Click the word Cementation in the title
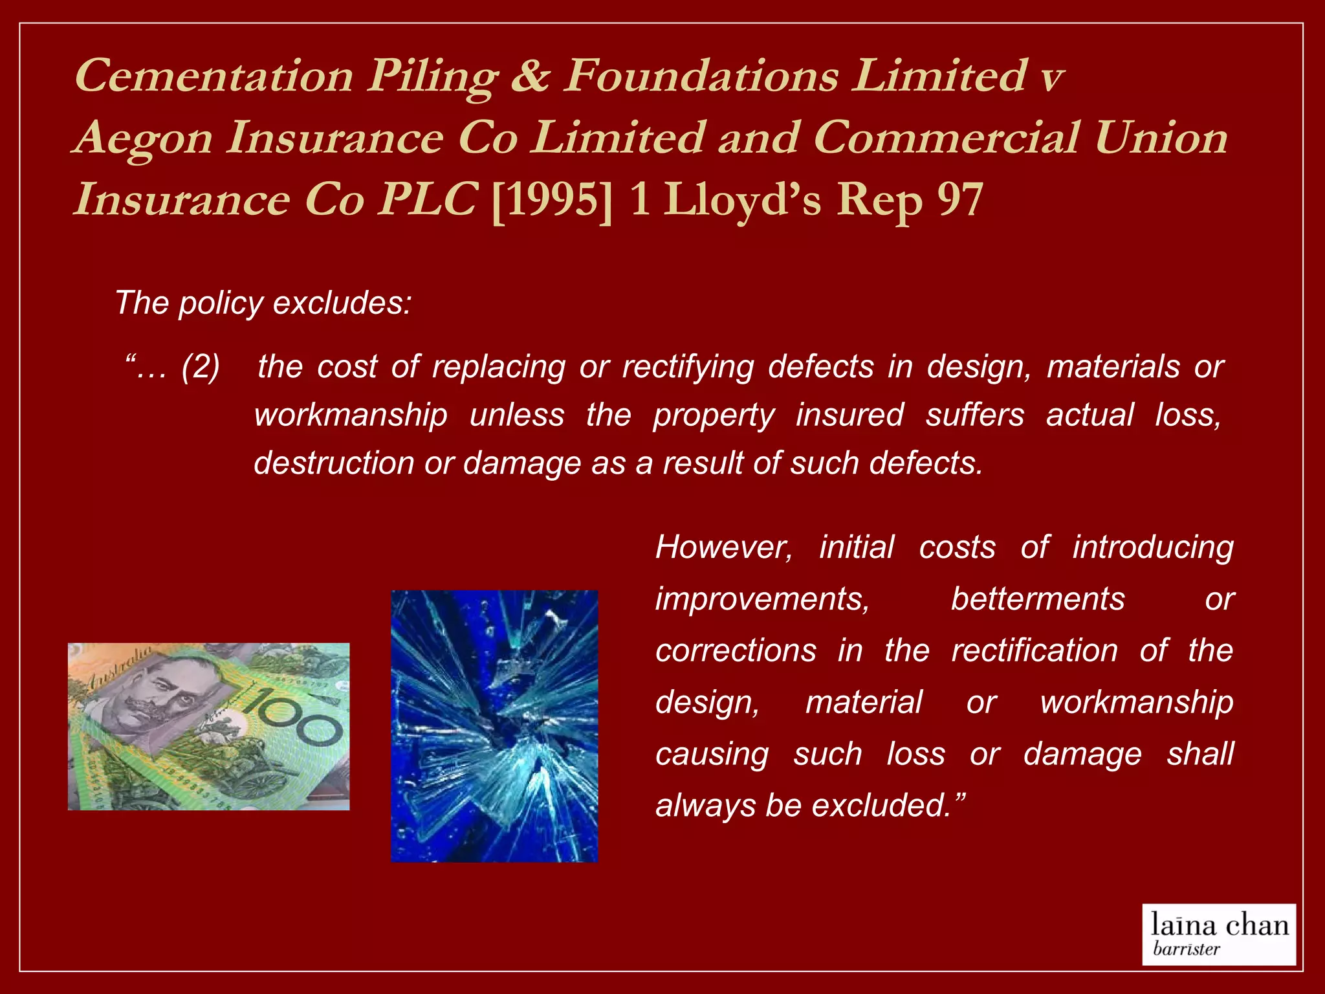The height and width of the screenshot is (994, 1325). click(214, 76)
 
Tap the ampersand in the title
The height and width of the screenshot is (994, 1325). click(529, 76)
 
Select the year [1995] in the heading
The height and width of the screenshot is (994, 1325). click(551, 199)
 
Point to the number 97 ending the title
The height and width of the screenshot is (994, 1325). click(960, 199)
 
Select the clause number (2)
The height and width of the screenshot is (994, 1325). click(201, 366)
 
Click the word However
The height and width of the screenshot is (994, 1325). click(723, 547)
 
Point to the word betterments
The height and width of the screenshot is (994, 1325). click(1038, 599)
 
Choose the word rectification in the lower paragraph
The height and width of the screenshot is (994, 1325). click(1034, 650)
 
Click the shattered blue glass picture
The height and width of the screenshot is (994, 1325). click(494, 726)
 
